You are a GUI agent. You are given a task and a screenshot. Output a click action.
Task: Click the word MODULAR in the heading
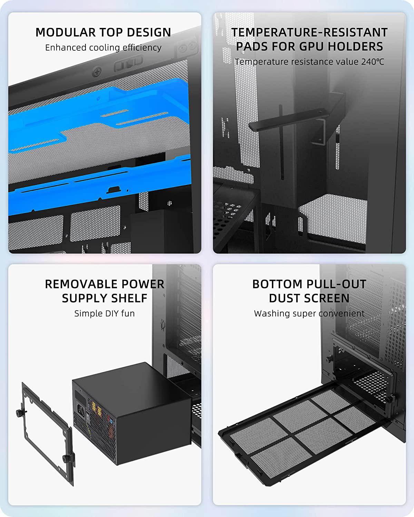point(66,32)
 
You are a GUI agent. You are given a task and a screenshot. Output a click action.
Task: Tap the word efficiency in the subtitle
point(142,48)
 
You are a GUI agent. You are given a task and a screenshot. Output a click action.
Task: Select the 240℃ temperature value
point(373,62)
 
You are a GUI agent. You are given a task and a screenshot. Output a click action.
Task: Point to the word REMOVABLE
point(81,284)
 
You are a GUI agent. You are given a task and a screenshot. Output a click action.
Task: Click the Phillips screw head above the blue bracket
point(97,72)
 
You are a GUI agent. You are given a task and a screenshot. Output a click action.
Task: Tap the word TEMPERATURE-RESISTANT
point(309,32)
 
